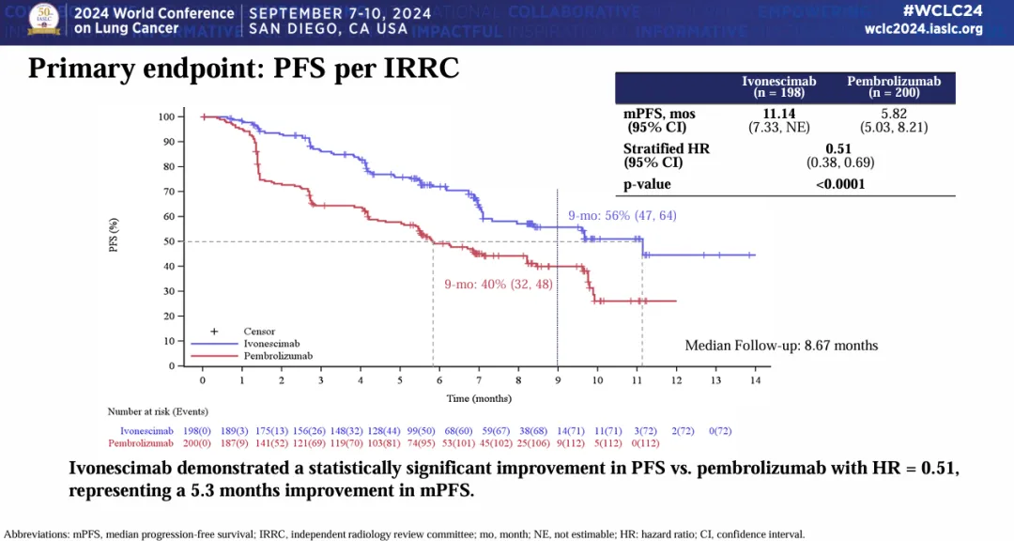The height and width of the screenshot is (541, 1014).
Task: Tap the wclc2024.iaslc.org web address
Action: pos(923,29)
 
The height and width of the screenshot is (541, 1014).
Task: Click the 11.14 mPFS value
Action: pos(778,114)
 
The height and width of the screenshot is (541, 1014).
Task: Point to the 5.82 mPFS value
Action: pos(893,114)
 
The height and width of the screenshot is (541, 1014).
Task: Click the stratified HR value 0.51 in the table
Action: pos(838,148)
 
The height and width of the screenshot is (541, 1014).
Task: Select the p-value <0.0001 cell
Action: pos(838,184)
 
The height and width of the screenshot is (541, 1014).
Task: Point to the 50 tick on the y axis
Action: pos(167,241)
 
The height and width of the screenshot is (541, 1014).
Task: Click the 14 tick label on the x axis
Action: pos(754,380)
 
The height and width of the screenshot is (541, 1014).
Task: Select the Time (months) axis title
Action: pos(478,399)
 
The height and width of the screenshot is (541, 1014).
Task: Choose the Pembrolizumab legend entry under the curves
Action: pos(278,356)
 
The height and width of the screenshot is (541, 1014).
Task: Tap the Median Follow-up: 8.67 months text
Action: pos(781,346)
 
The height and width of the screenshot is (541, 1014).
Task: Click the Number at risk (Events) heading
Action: pos(158,411)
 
